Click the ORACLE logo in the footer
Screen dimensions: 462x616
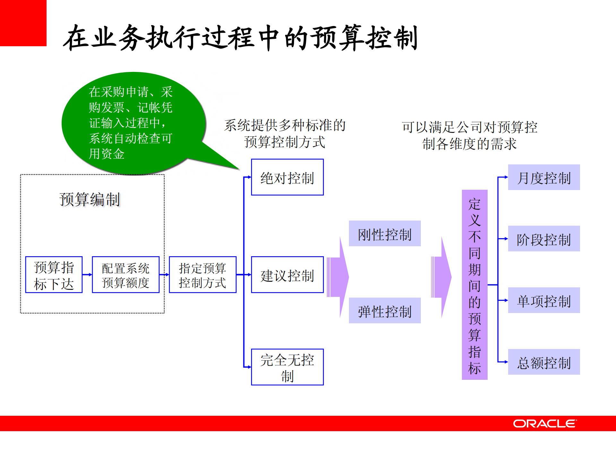pos(544,423)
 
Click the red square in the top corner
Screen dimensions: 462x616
pos(23,23)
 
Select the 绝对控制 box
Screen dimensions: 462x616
pos(287,177)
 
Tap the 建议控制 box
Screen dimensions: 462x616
pos(287,275)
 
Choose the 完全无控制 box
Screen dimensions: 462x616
pos(287,367)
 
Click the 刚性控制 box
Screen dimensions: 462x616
pos(385,234)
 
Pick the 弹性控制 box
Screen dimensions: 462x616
pos(385,311)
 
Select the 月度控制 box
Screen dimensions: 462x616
pos(544,177)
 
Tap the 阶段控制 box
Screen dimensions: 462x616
pos(544,239)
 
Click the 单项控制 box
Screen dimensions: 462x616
pos(544,301)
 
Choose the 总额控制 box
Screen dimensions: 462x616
pos(544,362)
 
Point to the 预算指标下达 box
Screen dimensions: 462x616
pos(54,275)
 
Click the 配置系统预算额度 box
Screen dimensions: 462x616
pos(126,275)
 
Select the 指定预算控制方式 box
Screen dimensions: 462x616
pos(203,275)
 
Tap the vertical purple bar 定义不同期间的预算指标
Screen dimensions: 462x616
pos(474,285)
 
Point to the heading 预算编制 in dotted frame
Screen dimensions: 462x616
pos(90,199)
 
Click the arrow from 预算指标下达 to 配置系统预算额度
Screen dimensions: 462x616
pos(87,275)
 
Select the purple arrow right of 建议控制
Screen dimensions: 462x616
pos(338,277)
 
